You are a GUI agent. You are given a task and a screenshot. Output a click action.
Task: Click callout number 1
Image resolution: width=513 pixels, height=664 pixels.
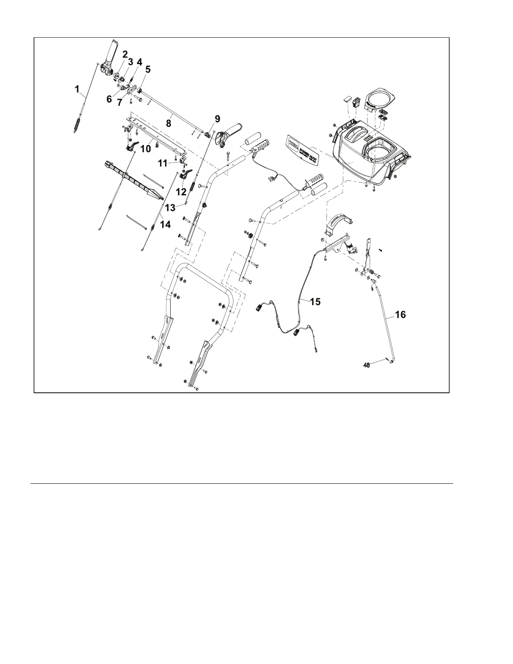point(77,89)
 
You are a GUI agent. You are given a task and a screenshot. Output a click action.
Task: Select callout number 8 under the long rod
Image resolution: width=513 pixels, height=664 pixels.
point(168,124)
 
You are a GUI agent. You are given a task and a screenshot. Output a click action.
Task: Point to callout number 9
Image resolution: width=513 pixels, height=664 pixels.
point(217,119)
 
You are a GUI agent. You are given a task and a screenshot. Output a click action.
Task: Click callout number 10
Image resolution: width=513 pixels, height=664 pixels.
point(145,149)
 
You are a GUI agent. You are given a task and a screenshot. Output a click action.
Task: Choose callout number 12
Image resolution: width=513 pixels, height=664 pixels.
point(181,192)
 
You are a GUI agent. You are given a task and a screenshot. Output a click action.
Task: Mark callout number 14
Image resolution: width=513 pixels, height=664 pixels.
point(165,224)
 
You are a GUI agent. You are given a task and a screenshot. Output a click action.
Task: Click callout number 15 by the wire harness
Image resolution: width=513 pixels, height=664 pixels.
point(315,301)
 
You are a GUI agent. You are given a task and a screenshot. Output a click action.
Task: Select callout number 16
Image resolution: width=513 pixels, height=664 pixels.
point(400,314)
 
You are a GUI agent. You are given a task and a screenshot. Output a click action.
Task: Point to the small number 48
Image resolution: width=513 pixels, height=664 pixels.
point(367,365)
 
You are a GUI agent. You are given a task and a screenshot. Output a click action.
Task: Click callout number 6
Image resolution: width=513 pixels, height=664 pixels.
point(109,99)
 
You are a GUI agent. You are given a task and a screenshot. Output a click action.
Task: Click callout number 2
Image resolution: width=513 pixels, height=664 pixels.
point(125,54)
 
